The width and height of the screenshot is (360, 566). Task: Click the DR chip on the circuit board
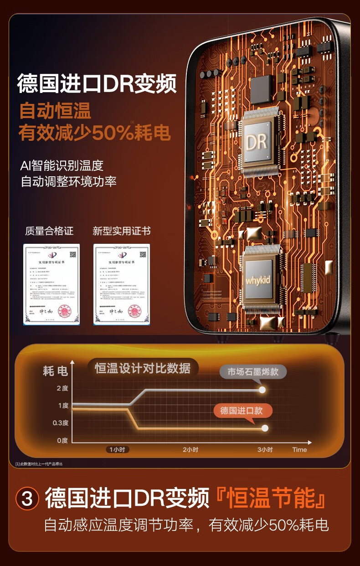click(256, 142)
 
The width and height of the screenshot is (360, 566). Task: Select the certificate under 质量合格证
click(51, 284)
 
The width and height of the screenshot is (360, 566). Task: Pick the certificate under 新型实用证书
click(122, 284)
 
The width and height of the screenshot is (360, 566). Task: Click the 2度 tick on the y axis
click(62, 388)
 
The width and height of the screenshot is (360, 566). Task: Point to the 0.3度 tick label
click(60, 423)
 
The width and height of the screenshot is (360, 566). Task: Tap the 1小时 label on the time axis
click(118, 449)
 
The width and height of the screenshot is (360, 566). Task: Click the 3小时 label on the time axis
click(265, 449)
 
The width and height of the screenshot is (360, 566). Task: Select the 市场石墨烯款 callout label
click(253, 371)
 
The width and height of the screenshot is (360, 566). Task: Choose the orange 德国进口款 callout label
click(242, 411)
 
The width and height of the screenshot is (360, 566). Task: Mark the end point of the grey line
click(262, 390)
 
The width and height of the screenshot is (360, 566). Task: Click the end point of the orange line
click(265, 428)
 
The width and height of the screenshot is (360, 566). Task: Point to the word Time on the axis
click(299, 449)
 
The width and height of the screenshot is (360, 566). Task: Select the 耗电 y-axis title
click(55, 371)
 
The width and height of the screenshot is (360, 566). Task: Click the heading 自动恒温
click(55, 111)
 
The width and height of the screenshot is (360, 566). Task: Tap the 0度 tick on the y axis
click(62, 440)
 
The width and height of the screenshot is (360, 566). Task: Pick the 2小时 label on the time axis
click(190, 449)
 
